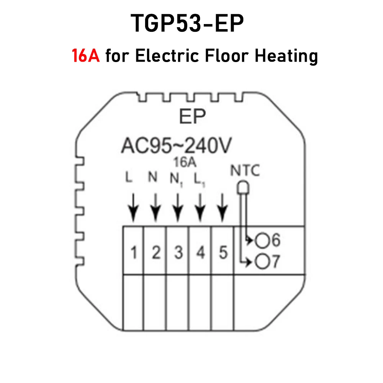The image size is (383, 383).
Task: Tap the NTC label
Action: click(x=245, y=170)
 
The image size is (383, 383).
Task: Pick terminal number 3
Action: click(x=178, y=253)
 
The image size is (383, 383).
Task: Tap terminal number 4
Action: click(x=200, y=253)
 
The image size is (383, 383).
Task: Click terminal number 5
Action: click(x=223, y=253)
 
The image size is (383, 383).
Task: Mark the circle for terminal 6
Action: click(x=262, y=241)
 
